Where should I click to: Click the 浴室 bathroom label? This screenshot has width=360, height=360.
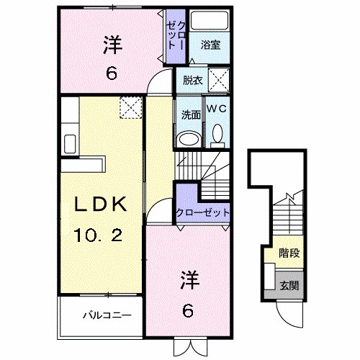[210, 44]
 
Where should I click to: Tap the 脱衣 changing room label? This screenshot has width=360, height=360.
[192, 81]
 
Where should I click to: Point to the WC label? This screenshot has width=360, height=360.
[217, 108]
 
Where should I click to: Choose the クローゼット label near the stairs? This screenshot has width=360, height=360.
[204, 212]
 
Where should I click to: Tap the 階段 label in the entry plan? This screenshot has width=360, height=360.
[289, 253]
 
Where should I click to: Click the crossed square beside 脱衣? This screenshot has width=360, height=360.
[220, 79]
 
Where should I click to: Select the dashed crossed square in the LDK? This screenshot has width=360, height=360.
[131, 107]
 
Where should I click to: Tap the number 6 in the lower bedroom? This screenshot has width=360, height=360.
[187, 311]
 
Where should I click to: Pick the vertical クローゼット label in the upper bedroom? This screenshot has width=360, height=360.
[175, 36]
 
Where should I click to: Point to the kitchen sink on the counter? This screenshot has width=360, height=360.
[69, 140]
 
